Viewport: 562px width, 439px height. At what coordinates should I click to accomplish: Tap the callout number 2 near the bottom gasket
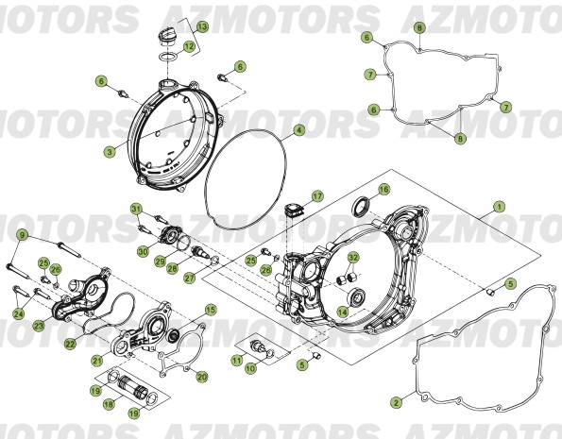[397, 401]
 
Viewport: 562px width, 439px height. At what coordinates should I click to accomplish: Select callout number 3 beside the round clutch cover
[110, 151]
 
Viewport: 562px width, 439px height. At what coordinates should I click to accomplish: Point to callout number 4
[298, 129]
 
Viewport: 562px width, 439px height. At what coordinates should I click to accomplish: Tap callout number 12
[190, 45]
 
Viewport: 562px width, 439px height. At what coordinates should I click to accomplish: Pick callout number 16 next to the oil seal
[383, 190]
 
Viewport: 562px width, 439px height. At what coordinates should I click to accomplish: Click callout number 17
[317, 196]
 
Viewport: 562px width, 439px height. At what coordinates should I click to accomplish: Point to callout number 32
[352, 257]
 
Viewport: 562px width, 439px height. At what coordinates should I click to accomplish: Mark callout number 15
[210, 309]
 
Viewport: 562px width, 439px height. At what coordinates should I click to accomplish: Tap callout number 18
[110, 403]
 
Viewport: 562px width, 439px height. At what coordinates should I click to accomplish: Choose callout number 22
[70, 346]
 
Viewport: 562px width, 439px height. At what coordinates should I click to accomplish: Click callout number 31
[136, 209]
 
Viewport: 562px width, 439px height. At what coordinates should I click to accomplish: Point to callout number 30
[142, 252]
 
